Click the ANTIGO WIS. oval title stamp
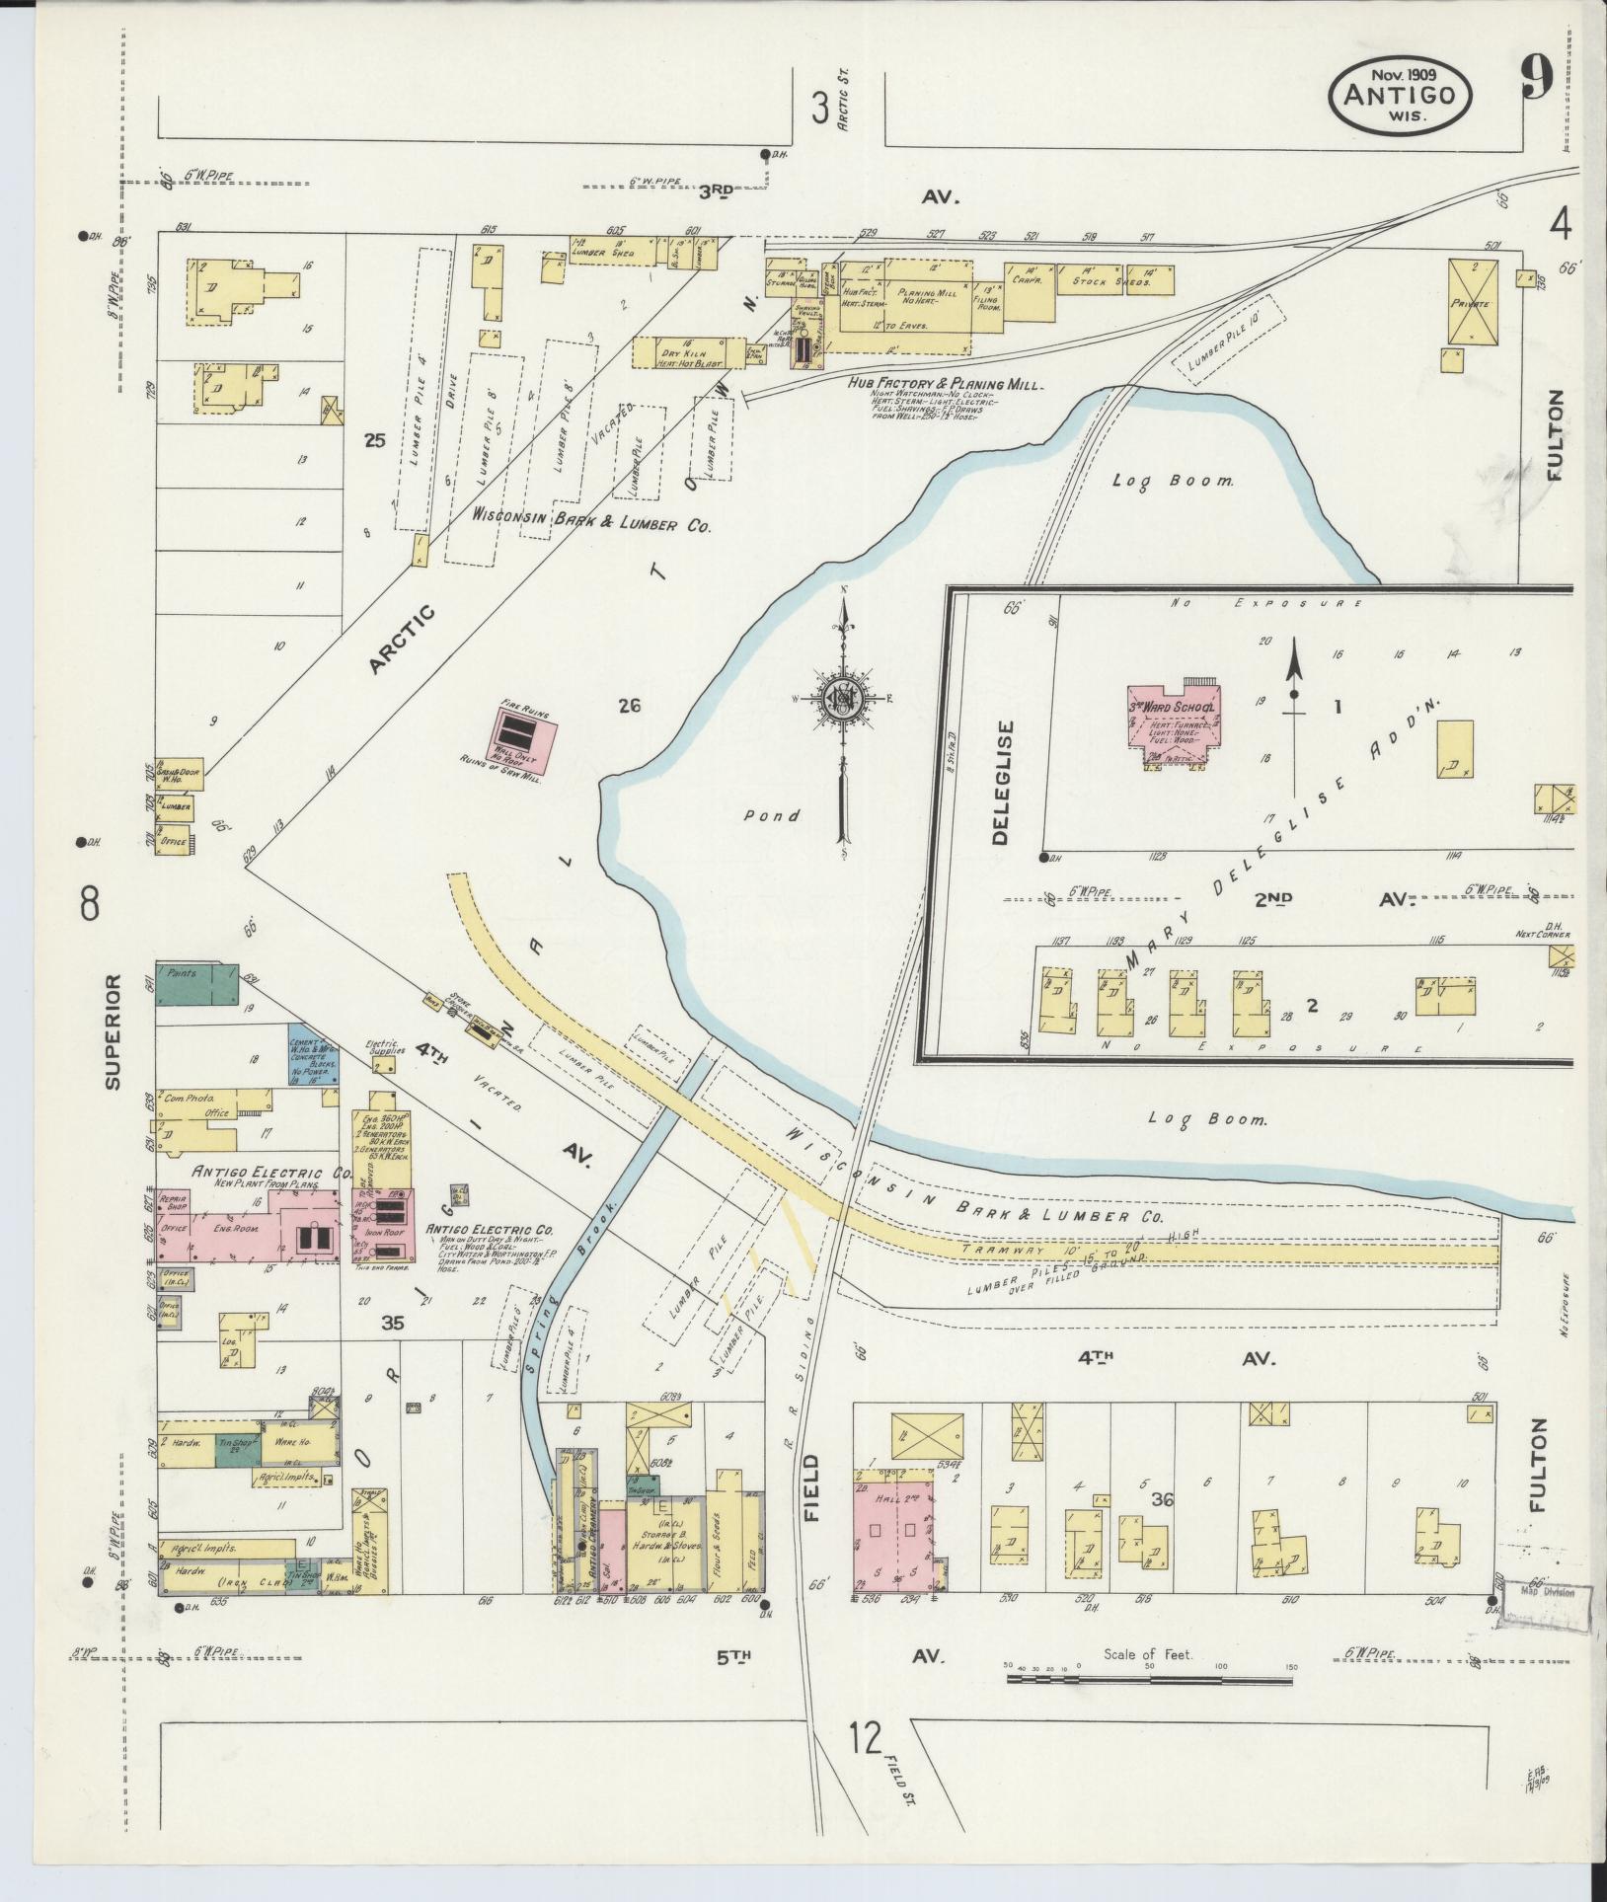click(1401, 95)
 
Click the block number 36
click(1162, 1528)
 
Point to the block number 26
click(630, 706)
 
